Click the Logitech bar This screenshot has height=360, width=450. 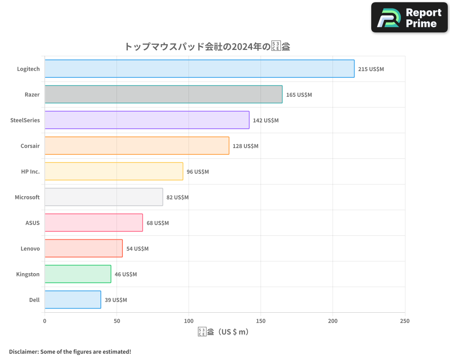tap(199, 69)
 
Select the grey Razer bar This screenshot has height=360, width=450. tap(163, 94)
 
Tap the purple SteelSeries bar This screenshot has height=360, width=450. tap(147, 120)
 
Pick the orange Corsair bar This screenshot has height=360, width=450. tap(137, 146)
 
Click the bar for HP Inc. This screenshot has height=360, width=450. tap(114, 171)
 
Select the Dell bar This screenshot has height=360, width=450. tap(72, 300)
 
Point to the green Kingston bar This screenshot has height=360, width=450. tap(78, 274)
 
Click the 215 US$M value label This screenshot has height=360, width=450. tap(371, 69)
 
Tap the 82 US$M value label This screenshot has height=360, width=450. tap(177, 198)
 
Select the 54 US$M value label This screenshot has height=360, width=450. tap(137, 249)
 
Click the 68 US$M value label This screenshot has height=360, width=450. tap(157, 223)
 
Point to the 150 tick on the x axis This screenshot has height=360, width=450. tap(261, 321)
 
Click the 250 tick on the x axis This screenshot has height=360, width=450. tap(405, 321)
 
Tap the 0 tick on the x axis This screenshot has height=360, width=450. tap(45, 321)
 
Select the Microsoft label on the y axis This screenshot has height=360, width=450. tap(27, 197)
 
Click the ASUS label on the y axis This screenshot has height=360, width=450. tap(32, 223)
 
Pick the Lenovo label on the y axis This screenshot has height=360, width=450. tap(30, 248)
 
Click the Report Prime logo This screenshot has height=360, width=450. tap(409, 18)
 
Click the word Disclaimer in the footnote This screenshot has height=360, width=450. tap(23, 351)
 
